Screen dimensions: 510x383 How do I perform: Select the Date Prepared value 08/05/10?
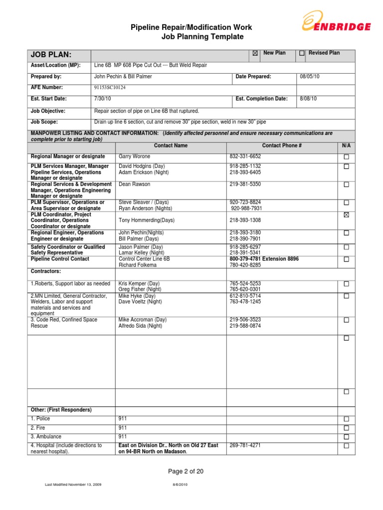[x=310, y=77]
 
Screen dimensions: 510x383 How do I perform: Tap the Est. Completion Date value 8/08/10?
[x=308, y=99]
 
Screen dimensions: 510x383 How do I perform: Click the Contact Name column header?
[x=171, y=145]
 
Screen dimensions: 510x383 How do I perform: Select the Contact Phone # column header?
[x=282, y=145]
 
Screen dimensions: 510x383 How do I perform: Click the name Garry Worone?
[x=134, y=156]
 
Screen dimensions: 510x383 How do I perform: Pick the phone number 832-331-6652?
[x=245, y=156]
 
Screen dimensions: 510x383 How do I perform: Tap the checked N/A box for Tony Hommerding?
[x=346, y=215]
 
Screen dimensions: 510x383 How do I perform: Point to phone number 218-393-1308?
[x=245, y=220]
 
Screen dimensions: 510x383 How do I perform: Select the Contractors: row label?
[x=46, y=271]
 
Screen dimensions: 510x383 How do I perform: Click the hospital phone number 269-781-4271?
[x=245, y=445]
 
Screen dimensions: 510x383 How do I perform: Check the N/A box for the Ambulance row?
[x=346, y=437]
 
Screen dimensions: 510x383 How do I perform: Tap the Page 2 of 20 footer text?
[x=186, y=471]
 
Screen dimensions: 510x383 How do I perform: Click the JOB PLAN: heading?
[x=51, y=55]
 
